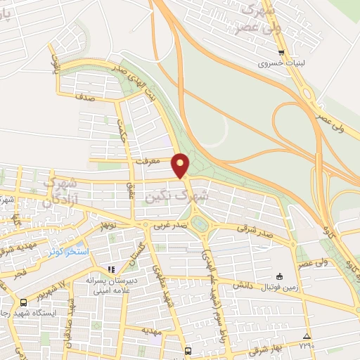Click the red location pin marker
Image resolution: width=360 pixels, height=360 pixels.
point(181,165)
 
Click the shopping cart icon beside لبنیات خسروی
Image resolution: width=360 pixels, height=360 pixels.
point(281,52)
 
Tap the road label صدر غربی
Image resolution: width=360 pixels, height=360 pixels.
point(170,226)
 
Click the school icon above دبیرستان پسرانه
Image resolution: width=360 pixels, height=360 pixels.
point(110,269)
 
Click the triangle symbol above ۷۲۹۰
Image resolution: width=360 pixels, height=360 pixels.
point(306,335)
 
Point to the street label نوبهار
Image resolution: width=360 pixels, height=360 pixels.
point(106,226)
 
